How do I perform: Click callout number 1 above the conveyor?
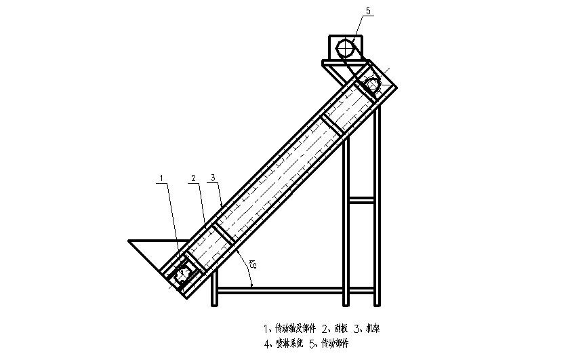pyautogui.click(x=162, y=178)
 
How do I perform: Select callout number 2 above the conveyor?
pyautogui.click(x=194, y=178)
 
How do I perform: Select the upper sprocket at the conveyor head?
pyautogui.click(x=372, y=85)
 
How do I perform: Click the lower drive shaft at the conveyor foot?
pyautogui.click(x=183, y=274)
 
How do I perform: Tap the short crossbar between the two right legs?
pyautogui.click(x=361, y=199)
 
